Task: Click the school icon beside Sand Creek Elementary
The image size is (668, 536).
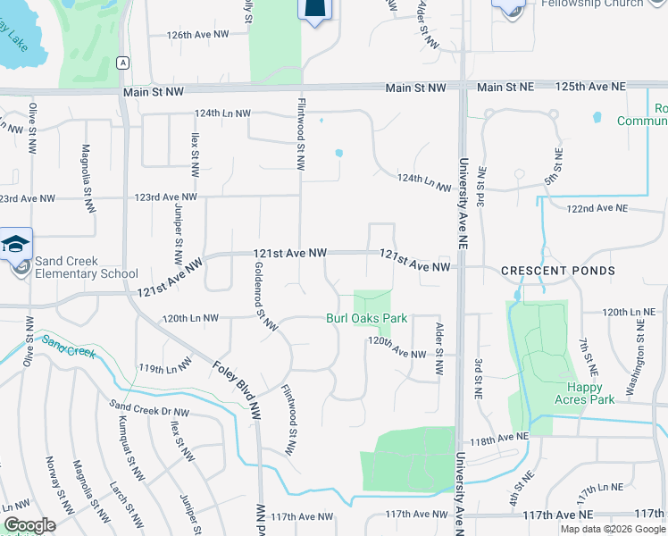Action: (x=16, y=244)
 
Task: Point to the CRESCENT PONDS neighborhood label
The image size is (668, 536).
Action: (x=557, y=270)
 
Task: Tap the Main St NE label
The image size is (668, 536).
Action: (x=505, y=87)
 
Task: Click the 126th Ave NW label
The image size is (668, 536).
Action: (x=198, y=34)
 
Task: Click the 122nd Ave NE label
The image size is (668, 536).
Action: (x=597, y=208)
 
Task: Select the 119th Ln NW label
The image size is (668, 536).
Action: (x=164, y=368)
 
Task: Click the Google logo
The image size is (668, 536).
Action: (x=29, y=524)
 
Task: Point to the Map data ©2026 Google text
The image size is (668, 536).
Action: (x=612, y=529)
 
